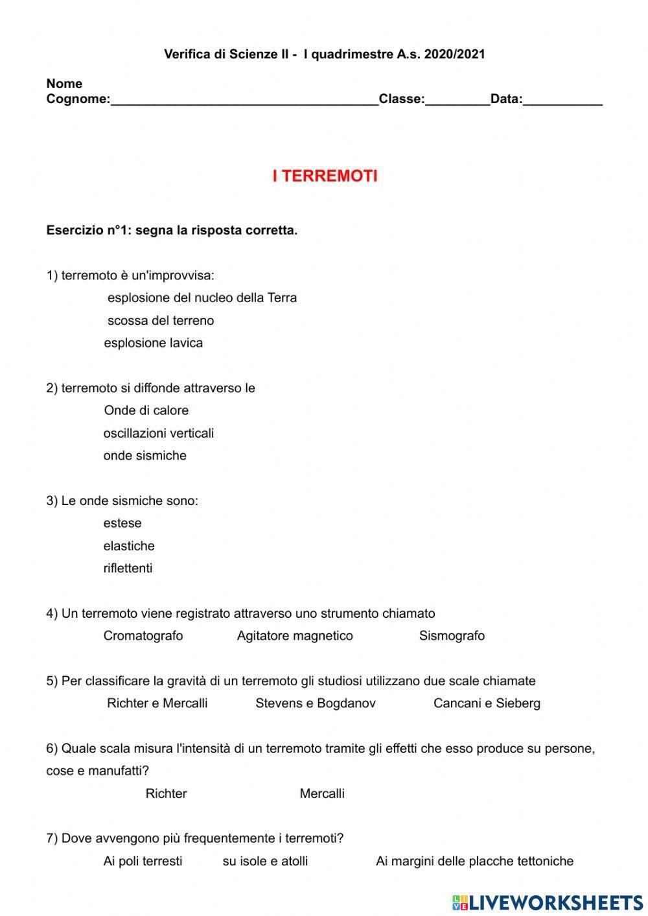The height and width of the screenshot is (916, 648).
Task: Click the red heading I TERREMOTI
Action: (x=325, y=176)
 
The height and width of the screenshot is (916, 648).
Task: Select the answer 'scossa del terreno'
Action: (x=160, y=320)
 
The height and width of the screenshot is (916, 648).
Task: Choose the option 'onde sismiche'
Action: (x=145, y=456)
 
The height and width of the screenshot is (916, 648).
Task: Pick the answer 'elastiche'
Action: (x=129, y=546)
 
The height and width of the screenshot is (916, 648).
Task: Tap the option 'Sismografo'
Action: (x=452, y=636)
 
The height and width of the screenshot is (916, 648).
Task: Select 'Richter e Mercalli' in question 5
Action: (x=157, y=703)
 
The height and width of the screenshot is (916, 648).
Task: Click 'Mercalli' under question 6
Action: (x=322, y=793)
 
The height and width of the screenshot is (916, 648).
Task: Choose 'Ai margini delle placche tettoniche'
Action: (x=474, y=862)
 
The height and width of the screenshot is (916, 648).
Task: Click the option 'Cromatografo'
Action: (x=143, y=636)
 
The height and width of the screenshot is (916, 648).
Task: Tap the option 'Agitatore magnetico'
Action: (x=295, y=636)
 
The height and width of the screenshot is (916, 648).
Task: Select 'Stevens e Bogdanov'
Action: (x=316, y=703)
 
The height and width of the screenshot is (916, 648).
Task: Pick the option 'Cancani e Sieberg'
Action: (x=487, y=703)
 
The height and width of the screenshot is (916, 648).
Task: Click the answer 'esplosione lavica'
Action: (x=154, y=343)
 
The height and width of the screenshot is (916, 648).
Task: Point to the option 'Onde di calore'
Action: (x=146, y=410)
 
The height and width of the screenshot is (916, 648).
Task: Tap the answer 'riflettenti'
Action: (x=128, y=569)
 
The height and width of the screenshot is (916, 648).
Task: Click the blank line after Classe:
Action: (x=457, y=100)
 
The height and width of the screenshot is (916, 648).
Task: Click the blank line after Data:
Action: (x=562, y=100)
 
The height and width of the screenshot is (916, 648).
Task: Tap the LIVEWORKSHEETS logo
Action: (x=548, y=902)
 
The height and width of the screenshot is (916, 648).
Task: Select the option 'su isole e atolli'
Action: (x=265, y=862)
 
